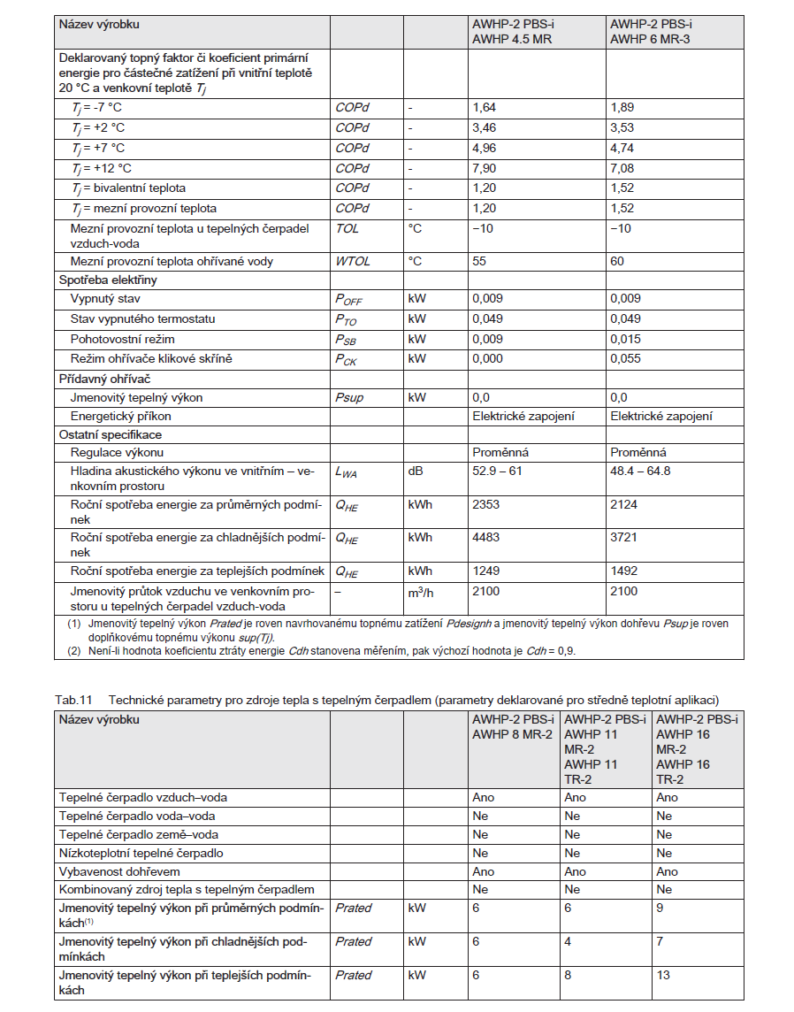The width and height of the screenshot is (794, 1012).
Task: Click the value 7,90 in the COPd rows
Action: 484,168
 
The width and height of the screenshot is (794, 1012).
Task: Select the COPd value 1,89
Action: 622,107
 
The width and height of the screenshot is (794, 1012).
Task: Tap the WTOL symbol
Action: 353,261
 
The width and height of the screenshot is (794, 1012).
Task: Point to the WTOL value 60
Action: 618,261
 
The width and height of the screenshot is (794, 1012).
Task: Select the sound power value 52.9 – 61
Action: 497,471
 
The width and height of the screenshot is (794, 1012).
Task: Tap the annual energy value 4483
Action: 486,537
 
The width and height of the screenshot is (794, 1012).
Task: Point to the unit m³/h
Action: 423,592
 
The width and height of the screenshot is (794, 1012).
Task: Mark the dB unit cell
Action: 415,471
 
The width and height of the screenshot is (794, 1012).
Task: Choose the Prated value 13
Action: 663,975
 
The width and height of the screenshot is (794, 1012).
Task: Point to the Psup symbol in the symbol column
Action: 349,397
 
